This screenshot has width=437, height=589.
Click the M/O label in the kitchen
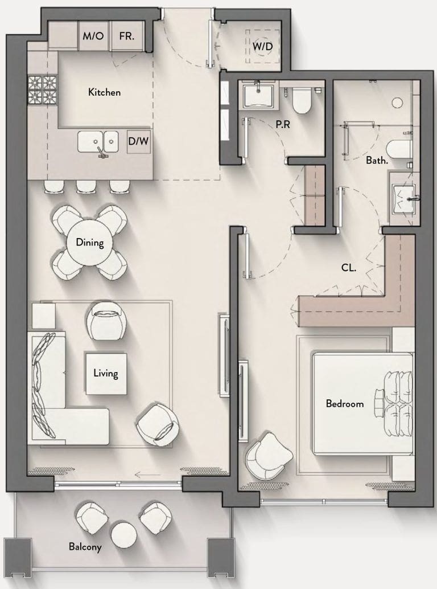(93, 36)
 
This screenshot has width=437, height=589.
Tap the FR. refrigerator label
(127, 36)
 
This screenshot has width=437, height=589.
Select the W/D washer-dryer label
(262, 47)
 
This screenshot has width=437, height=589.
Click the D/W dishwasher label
(138, 141)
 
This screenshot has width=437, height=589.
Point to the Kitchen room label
(104, 92)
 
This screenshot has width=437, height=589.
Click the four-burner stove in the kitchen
(42, 90)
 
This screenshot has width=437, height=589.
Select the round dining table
(90, 242)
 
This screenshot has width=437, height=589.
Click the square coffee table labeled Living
(106, 374)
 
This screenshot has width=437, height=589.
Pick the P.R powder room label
(283, 124)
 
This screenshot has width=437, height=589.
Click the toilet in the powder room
(302, 99)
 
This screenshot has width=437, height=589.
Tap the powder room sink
(258, 96)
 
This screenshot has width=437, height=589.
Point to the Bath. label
(377, 161)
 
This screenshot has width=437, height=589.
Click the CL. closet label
(349, 268)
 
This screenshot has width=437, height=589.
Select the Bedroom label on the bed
(345, 404)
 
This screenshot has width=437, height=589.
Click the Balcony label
(85, 547)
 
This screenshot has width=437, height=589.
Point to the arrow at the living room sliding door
(147, 475)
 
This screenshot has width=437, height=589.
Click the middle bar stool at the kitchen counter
(86, 187)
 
